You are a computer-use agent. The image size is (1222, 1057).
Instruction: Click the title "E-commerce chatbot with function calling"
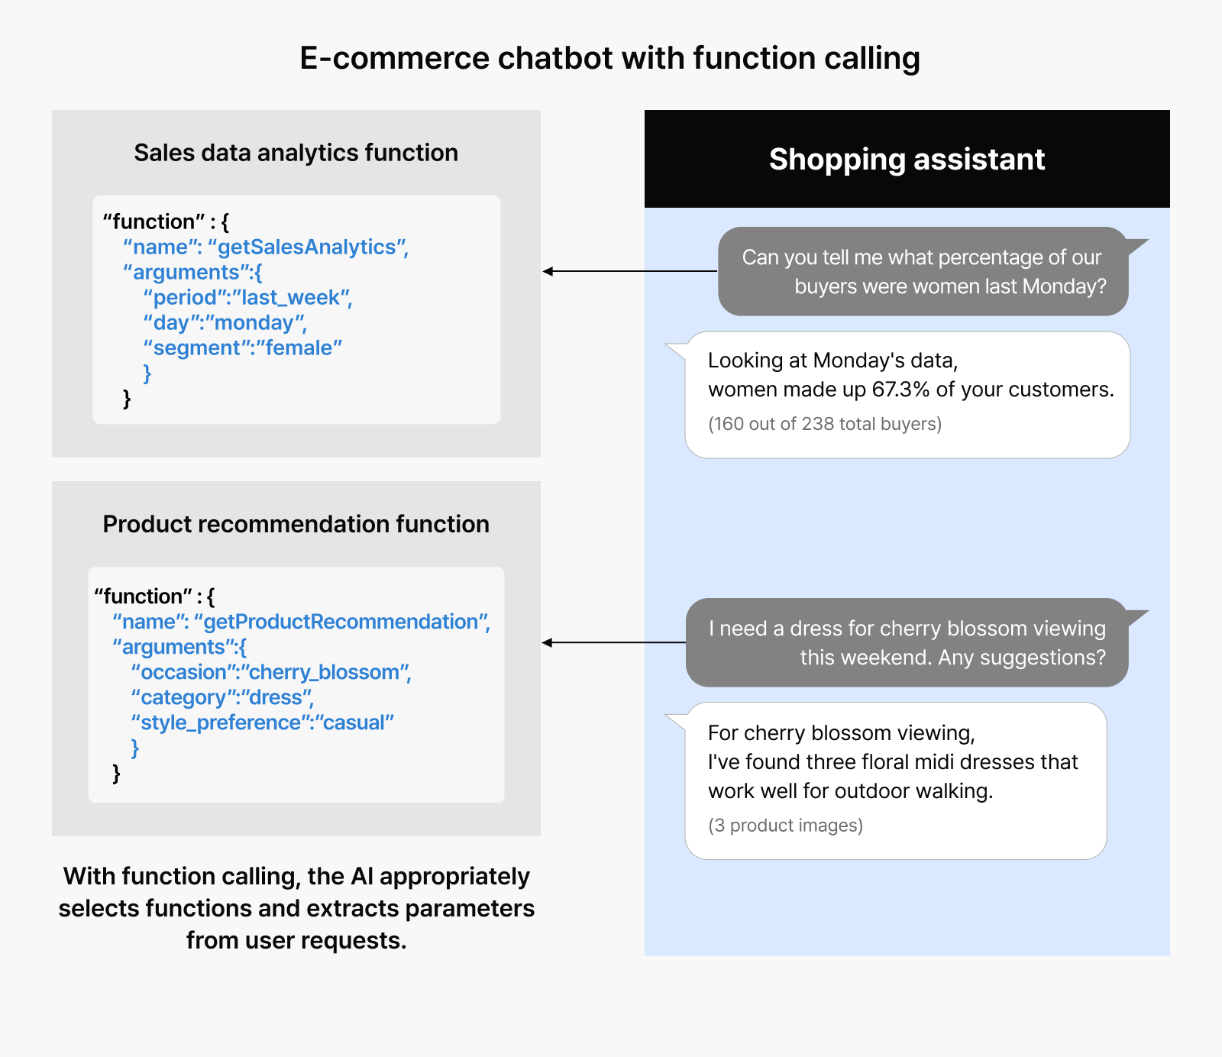[x=609, y=59]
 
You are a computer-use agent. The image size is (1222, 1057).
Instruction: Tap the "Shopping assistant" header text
[x=907, y=160]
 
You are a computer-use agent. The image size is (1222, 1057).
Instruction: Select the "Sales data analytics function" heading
[x=296, y=153]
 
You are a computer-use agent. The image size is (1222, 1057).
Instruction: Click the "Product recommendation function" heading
[x=296, y=524]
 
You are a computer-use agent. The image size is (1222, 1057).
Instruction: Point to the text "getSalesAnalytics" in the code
[x=307, y=247]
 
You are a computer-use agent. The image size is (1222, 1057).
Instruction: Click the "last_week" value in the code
[x=290, y=298]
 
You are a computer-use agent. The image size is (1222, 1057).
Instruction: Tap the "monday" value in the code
[x=255, y=323]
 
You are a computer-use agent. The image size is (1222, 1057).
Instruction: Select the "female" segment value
[x=299, y=348]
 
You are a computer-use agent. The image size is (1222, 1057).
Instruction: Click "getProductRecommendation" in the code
[x=341, y=622]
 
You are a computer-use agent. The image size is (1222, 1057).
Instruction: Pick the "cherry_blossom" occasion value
[x=325, y=673]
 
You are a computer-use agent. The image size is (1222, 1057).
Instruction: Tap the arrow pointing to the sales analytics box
[x=630, y=271]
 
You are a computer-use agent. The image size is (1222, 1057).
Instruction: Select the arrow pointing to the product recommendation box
[x=614, y=642]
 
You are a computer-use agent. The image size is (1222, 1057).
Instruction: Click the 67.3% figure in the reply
[x=901, y=390]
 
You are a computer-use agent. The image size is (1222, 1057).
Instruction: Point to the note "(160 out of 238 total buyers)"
[x=825, y=424]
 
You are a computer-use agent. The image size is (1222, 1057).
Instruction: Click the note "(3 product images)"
[x=785, y=826]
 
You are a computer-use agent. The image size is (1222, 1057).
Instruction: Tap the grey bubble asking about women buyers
[x=923, y=271]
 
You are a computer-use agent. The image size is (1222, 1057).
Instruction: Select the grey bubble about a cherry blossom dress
[x=907, y=642]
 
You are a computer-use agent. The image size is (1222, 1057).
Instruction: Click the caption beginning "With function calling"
[x=296, y=908]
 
